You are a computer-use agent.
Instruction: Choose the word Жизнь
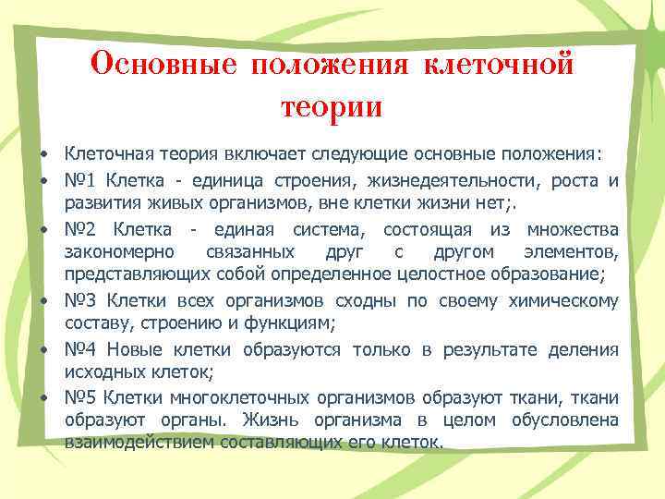click(270, 421)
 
